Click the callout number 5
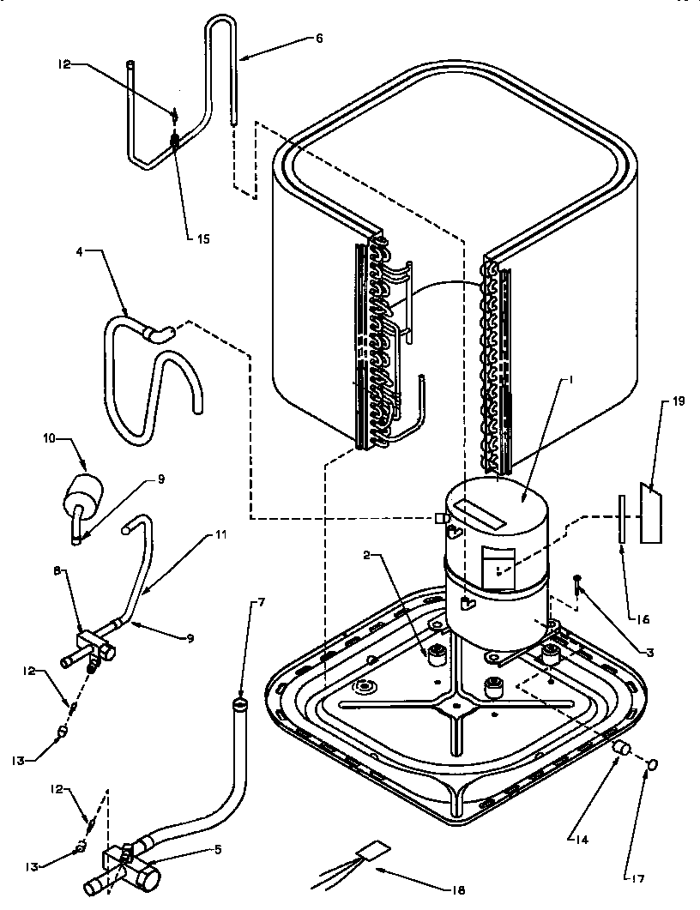[218, 850]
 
